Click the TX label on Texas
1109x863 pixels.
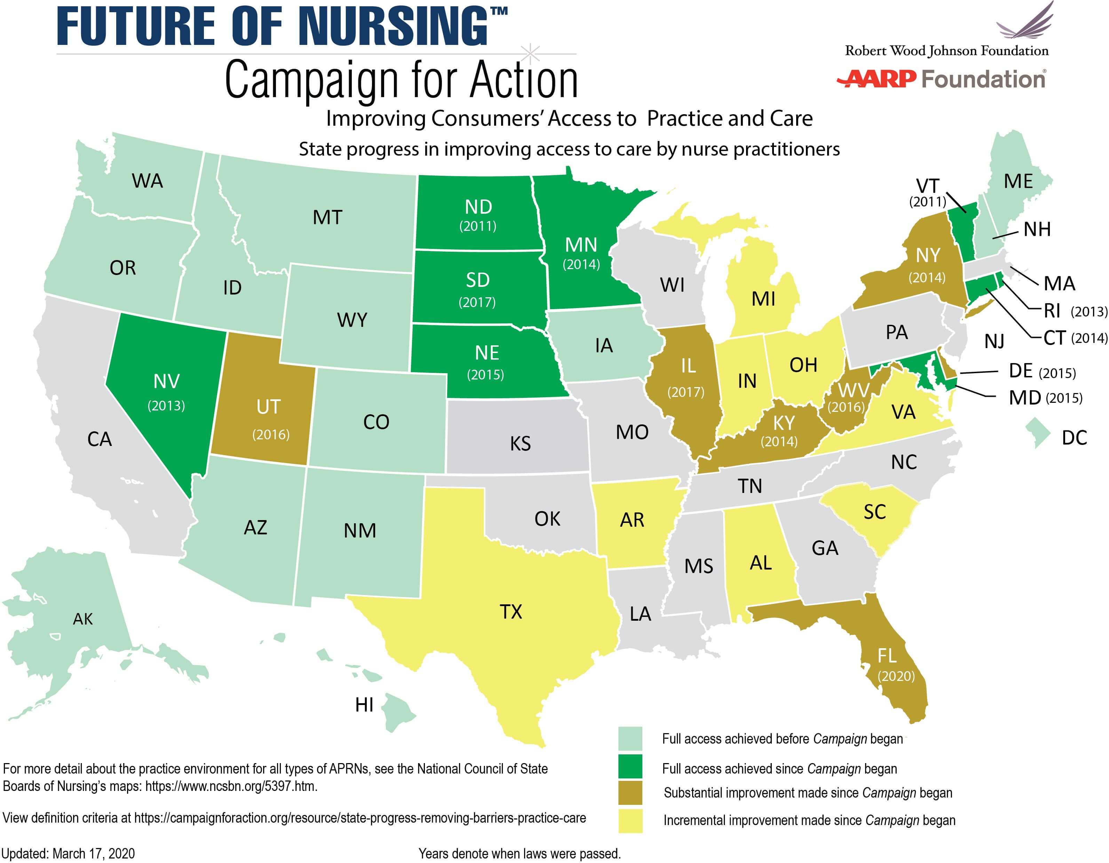510,612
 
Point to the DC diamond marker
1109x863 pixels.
1037,433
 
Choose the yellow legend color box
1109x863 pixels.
630,820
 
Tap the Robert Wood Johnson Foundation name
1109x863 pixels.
946,51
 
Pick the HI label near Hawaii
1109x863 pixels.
364,705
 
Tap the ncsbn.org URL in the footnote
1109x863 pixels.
231,786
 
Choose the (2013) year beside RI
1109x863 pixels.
1089,311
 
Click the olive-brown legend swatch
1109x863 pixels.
630,793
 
